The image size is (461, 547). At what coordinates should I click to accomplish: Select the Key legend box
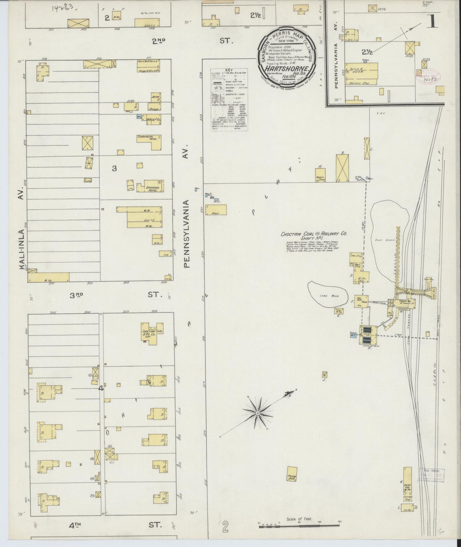click(229, 99)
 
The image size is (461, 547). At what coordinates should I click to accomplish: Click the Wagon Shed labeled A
click(320, 175)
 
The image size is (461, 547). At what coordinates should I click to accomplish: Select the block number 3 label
click(114, 168)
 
